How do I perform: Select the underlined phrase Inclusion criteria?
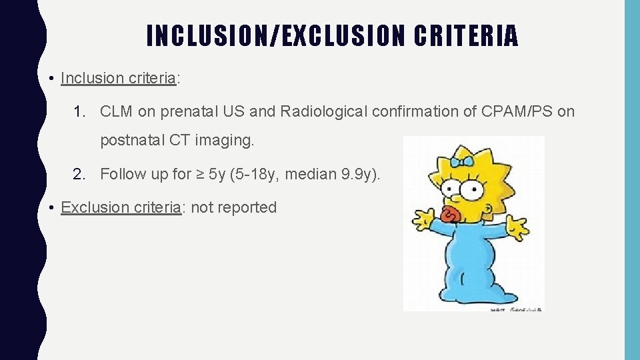click(118, 78)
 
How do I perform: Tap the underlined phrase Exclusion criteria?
click(121, 207)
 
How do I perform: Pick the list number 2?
click(79, 175)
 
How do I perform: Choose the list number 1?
click(79, 111)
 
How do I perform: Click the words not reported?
click(234, 207)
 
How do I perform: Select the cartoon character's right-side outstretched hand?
click(517, 226)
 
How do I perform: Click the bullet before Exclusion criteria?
click(51, 207)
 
